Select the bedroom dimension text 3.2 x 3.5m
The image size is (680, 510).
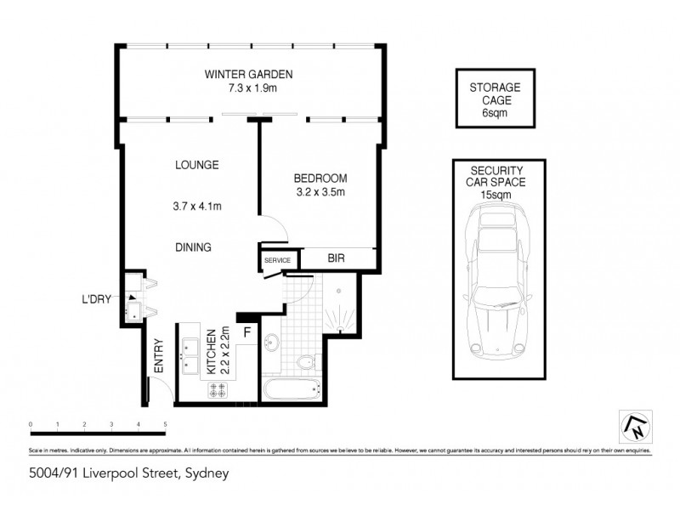(320, 193)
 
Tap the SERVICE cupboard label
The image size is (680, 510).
(277, 260)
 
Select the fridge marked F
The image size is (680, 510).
(247, 332)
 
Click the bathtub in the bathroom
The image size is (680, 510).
(291, 391)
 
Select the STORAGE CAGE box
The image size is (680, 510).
(496, 99)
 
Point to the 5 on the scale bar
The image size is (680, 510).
(165, 422)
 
